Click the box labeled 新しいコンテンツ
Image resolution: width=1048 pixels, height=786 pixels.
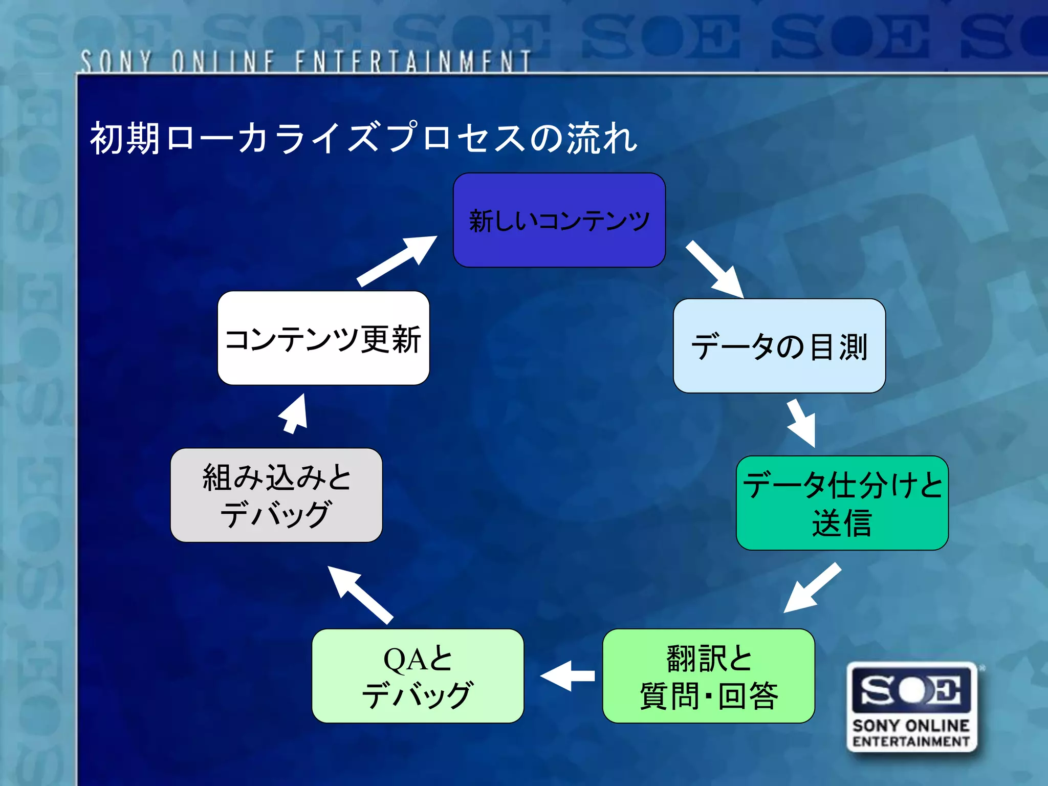point(559,220)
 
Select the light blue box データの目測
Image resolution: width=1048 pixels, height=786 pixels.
point(779,346)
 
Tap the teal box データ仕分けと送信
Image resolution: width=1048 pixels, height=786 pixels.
point(842,503)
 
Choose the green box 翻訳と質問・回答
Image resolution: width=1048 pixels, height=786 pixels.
point(708,675)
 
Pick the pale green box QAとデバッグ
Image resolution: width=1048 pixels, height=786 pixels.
point(418,675)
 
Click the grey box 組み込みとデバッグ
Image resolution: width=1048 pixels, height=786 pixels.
point(276,495)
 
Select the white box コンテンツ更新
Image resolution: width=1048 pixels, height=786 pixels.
point(323,338)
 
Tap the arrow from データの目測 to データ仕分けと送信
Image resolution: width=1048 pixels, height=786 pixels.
point(802,423)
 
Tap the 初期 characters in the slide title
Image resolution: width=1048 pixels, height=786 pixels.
point(125,138)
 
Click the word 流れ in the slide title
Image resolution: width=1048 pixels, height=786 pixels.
point(601,138)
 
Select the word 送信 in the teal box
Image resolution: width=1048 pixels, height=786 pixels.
point(842,523)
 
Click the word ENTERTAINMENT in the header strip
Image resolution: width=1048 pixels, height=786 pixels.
point(412,62)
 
